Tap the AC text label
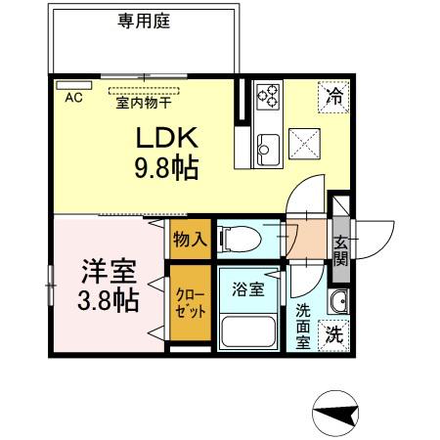(x=73, y=98)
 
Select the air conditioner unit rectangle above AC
(x=73, y=86)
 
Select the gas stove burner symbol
(x=268, y=96)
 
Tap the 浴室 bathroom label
(x=248, y=289)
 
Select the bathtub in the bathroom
(x=251, y=330)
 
